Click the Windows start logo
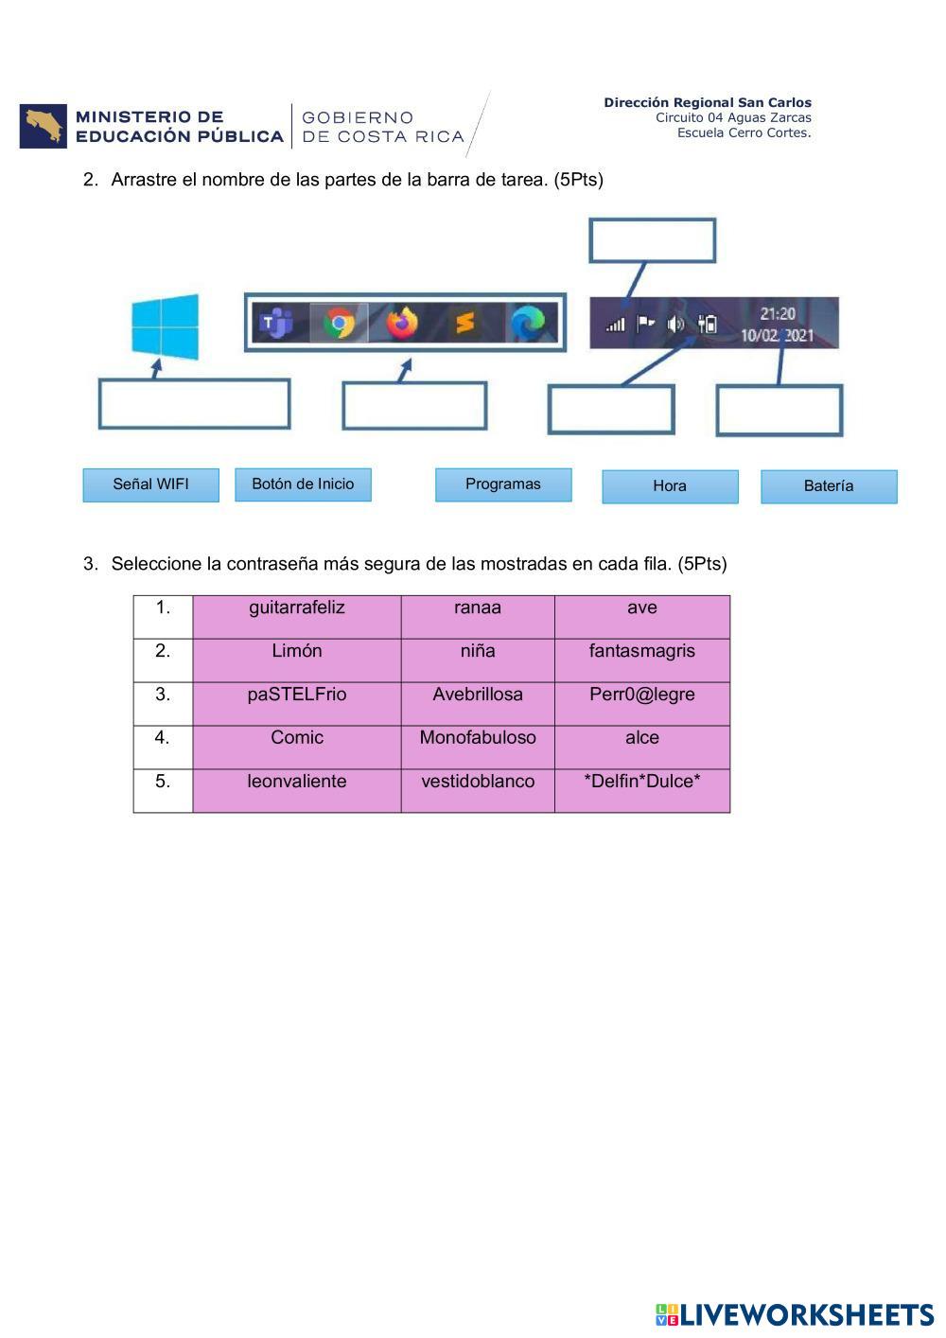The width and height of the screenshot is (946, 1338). click(x=166, y=327)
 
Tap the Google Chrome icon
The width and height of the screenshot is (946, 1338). click(x=339, y=324)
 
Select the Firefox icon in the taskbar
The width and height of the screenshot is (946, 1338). click(x=402, y=323)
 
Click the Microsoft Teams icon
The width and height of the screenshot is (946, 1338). click(x=276, y=324)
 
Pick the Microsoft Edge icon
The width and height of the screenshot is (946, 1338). click(x=528, y=324)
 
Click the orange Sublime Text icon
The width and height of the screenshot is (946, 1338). click(x=464, y=324)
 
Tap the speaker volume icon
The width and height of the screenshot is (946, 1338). click(x=674, y=325)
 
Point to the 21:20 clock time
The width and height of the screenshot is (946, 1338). click(x=778, y=313)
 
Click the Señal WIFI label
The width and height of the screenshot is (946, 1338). click(x=151, y=484)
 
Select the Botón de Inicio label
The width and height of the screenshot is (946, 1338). click(x=303, y=484)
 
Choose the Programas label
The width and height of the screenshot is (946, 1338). click(x=503, y=484)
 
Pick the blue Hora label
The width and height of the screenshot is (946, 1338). click(x=670, y=486)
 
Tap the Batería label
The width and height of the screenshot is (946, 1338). click(x=829, y=486)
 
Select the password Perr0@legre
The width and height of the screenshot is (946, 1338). click(x=642, y=695)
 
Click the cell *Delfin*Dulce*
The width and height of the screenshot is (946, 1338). click(x=642, y=782)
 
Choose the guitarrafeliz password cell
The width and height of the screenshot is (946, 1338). click(x=297, y=607)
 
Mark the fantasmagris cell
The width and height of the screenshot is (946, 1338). click(x=642, y=651)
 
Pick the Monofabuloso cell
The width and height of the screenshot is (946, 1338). click(x=478, y=738)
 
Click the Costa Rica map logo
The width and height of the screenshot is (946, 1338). click(x=44, y=126)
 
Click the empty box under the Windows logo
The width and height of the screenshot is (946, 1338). click(x=194, y=404)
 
